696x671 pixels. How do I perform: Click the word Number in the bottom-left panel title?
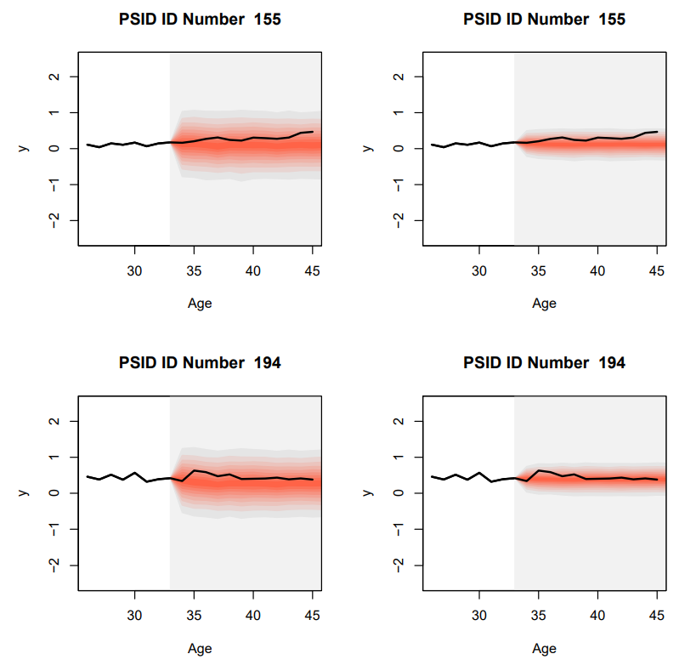point(208,363)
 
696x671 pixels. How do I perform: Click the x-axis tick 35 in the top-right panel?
point(539,271)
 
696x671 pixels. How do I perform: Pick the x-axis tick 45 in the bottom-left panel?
point(312,616)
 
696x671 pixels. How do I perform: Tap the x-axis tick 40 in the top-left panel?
point(253,271)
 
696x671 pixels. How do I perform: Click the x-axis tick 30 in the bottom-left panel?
point(134,616)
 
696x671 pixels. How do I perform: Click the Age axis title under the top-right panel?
point(544,304)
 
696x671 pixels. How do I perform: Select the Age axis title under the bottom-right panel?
point(544,648)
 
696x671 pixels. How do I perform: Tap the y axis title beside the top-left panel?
point(24,148)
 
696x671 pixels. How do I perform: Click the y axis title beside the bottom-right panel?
point(368,492)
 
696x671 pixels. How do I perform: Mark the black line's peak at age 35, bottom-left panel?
point(195,470)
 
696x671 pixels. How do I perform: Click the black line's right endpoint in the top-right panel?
point(657,132)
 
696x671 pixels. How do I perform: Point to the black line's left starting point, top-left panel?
point(88,145)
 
